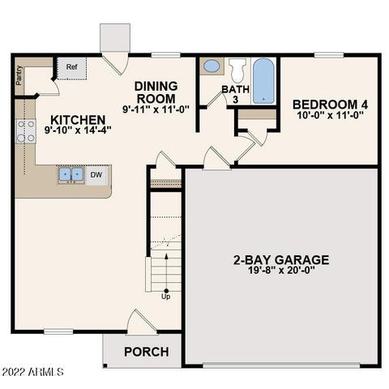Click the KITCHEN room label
tap(62, 118)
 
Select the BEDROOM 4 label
tap(329, 104)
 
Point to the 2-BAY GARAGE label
tap(281, 260)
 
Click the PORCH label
tap(146, 352)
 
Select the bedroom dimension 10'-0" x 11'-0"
tap(329, 116)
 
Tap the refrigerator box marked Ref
tap(71, 67)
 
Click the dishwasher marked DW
tap(96, 174)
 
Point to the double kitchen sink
tap(71, 174)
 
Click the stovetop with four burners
tap(24, 130)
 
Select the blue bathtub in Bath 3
tap(263, 81)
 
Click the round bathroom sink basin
tap(211, 66)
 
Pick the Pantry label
tap(19, 74)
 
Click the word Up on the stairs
tap(166, 297)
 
